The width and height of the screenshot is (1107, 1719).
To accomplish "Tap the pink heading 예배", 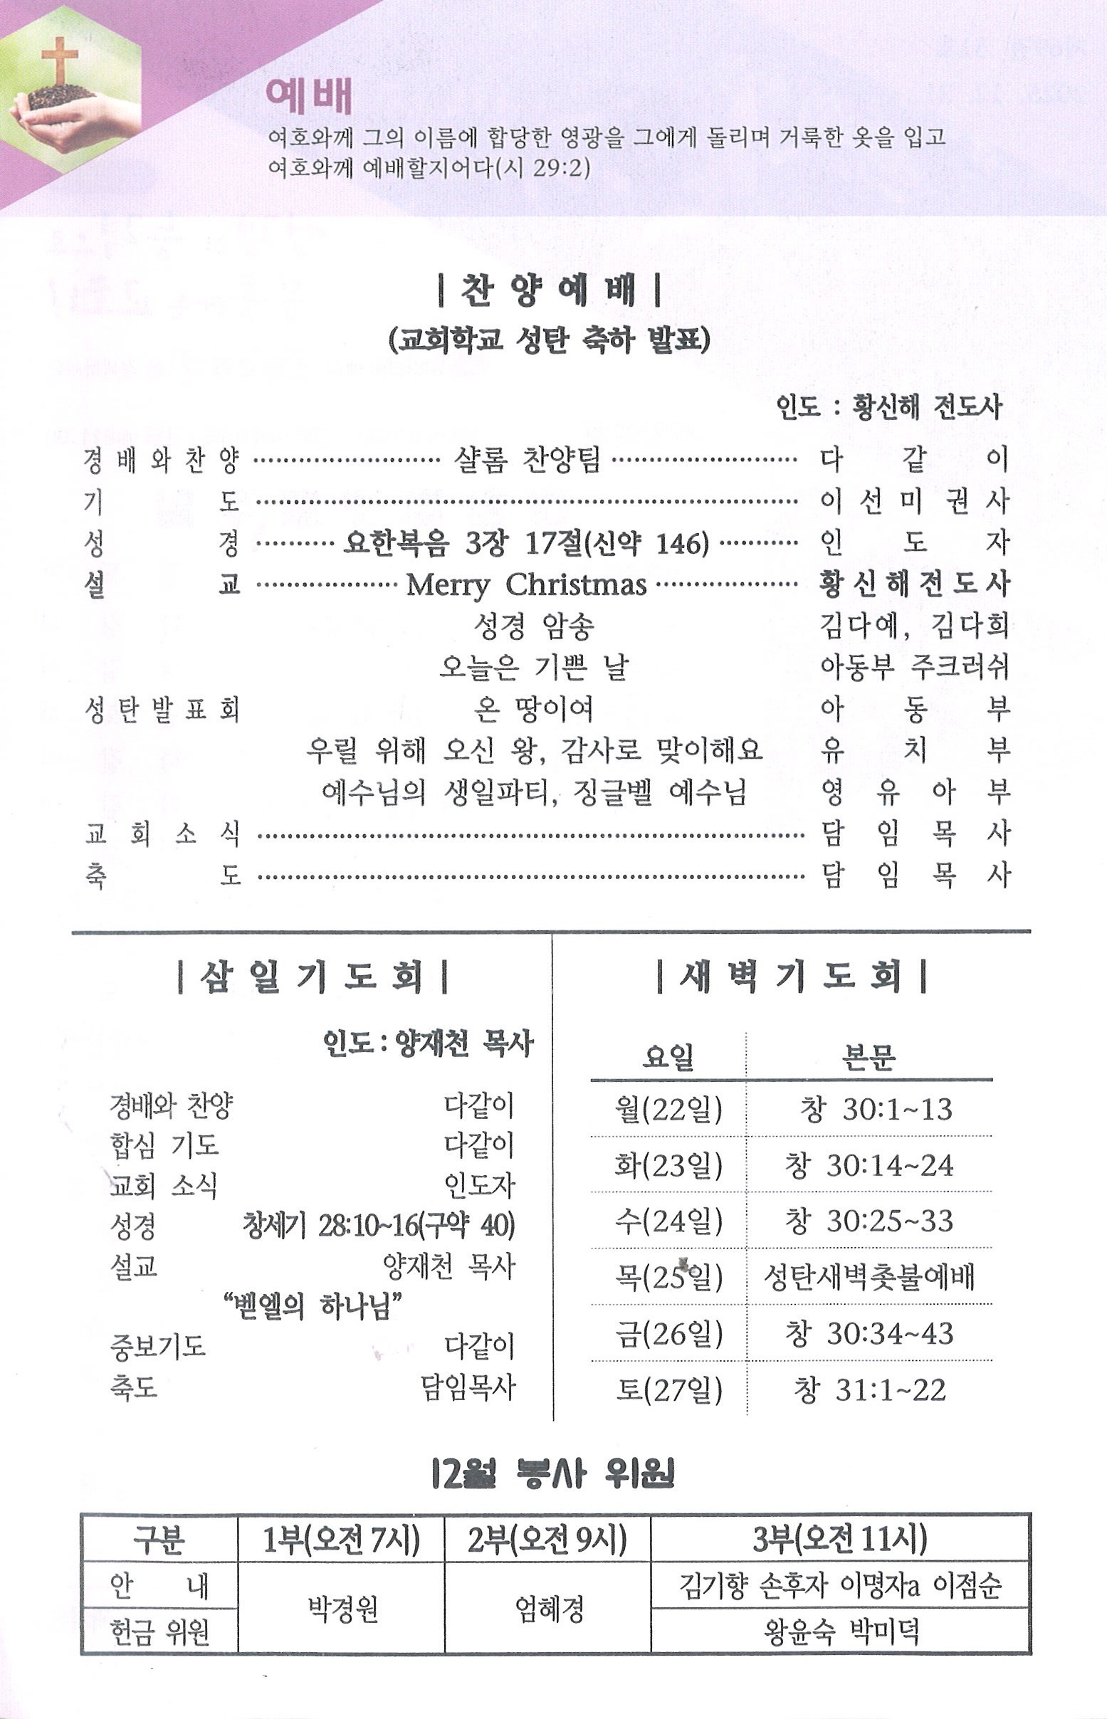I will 308,97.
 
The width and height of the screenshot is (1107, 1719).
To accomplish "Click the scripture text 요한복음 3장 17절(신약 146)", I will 525,543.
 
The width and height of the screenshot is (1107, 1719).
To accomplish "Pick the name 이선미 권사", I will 914,502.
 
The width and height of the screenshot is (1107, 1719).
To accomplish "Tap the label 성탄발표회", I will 162,710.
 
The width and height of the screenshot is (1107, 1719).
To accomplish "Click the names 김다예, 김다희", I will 914,626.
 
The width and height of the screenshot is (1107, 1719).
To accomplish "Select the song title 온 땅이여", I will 533,709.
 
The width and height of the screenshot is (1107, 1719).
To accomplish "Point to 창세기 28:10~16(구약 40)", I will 379,1225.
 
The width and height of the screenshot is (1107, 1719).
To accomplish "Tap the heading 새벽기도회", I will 791,978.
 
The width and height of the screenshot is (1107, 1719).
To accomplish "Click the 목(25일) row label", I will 668,1277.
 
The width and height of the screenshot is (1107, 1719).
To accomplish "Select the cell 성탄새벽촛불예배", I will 869,1277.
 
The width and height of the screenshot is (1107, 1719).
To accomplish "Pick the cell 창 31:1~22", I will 869,1389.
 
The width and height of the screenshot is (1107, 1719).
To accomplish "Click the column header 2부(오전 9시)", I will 547,1540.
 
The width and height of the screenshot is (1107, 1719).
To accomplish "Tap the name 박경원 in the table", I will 342,1609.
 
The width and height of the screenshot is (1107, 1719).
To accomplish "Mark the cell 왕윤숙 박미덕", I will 840,1631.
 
